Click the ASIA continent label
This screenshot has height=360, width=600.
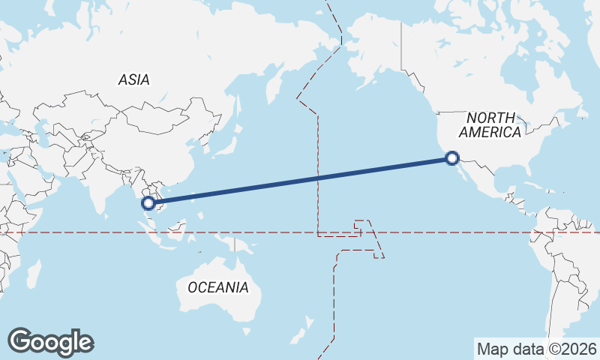coord(133,79)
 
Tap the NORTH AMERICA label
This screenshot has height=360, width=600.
coord(490,125)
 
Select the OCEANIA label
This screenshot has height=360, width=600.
coord(217,287)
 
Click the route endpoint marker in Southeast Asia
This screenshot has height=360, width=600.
coord(148,202)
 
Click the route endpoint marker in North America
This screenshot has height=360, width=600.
coord(451,158)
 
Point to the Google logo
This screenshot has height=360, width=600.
coord(50,342)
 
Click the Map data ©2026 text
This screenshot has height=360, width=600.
coord(537,349)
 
